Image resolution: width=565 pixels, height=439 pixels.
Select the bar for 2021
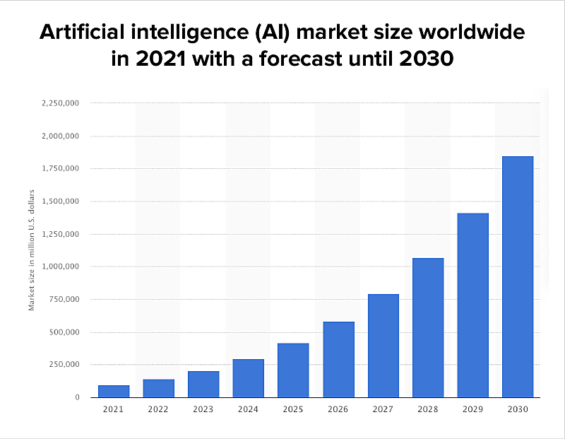pos(114,391)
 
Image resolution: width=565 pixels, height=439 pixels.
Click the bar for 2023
pos(203,384)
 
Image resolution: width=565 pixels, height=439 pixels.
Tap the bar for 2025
pos(293,370)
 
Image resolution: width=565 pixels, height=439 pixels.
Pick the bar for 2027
pos(383,345)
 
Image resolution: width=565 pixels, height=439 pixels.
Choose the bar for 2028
pos(428,327)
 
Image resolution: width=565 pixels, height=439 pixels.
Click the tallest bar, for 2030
pos(518,276)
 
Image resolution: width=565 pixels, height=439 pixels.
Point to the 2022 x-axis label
pos(158,409)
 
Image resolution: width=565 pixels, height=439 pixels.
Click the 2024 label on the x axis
pos(248,409)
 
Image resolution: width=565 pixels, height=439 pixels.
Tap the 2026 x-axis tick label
pos(338,409)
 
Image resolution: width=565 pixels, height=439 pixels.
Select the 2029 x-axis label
pos(472,409)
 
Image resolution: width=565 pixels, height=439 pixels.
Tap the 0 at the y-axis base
pos(77,397)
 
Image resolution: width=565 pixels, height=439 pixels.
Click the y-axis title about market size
pos(31,250)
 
